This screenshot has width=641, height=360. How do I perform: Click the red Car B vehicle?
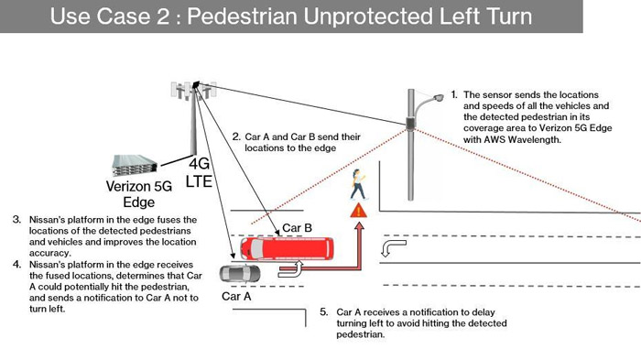tap(287, 249)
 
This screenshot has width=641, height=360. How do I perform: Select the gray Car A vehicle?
tap(240, 274)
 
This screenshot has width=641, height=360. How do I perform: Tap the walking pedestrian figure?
tap(359, 184)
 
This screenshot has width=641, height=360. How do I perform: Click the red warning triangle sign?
tap(359, 211)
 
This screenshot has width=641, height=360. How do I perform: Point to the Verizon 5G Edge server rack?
tap(135, 165)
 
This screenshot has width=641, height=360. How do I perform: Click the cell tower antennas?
tap(193, 90)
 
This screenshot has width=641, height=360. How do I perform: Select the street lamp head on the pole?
tap(438, 98)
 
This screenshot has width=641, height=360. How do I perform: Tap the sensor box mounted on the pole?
tap(410, 123)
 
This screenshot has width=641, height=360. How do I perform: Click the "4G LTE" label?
tap(199, 172)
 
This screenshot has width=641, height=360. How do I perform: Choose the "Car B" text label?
tap(298, 228)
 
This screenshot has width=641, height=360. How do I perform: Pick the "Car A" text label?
tap(236, 296)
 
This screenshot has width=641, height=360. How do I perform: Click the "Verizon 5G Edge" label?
tap(139, 194)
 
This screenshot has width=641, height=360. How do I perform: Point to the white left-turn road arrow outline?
tap(393, 248)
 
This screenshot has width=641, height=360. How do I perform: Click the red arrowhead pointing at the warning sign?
tap(359, 226)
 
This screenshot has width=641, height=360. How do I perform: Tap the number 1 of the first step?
tap(454, 95)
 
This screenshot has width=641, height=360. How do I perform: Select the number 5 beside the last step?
tap(324, 312)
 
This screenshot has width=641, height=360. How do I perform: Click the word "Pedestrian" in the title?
tap(242, 16)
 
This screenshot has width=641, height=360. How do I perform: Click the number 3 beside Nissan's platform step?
tap(16, 220)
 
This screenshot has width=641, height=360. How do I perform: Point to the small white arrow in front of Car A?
tap(290, 268)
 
